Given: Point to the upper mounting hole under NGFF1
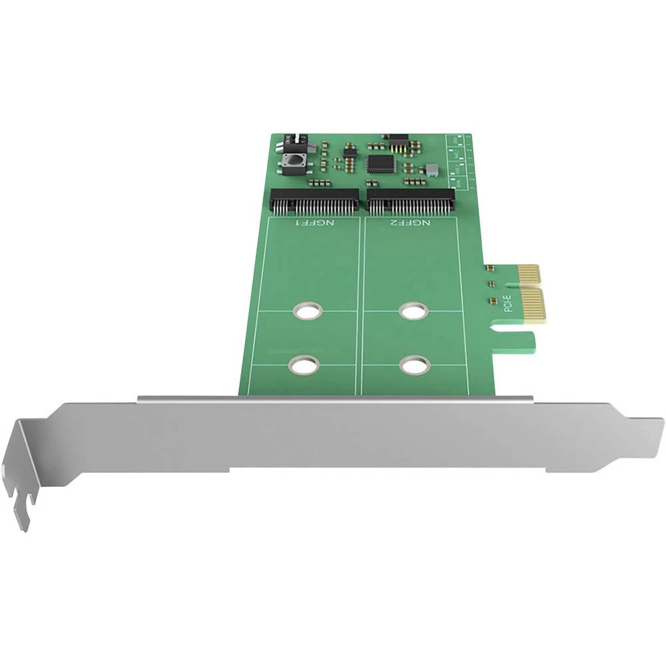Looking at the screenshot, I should [x=307, y=310].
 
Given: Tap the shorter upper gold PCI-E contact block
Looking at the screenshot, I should [x=527, y=272].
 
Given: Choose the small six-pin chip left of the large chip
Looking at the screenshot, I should [x=349, y=152].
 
